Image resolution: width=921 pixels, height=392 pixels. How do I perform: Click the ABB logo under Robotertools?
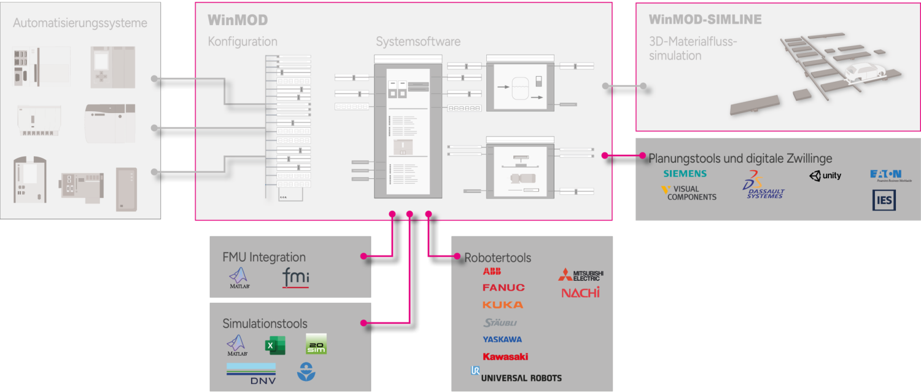pos(492,272)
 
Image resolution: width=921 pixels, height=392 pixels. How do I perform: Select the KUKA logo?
pos(503,305)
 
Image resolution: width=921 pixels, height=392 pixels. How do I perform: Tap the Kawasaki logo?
pos(505,356)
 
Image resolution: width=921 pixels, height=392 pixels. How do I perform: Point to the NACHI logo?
pos(580,292)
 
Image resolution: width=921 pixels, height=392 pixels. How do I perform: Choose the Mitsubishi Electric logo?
pos(581,275)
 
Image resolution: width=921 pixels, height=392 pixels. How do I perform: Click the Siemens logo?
pos(685,174)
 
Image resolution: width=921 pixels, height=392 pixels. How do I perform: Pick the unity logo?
pos(825,176)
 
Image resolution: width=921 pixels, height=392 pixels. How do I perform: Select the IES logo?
pos(884,200)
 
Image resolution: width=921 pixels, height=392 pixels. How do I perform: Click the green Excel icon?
pos(275,346)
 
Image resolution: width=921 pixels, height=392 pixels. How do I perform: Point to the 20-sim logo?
pos(316,344)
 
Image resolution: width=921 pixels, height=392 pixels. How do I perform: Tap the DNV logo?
pos(251,374)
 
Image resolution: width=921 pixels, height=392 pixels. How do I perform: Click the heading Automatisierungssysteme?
pos(80,23)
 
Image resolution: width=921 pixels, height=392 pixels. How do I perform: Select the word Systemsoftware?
pos(418,42)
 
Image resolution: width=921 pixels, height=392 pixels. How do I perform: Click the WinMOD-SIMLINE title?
pos(705,20)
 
